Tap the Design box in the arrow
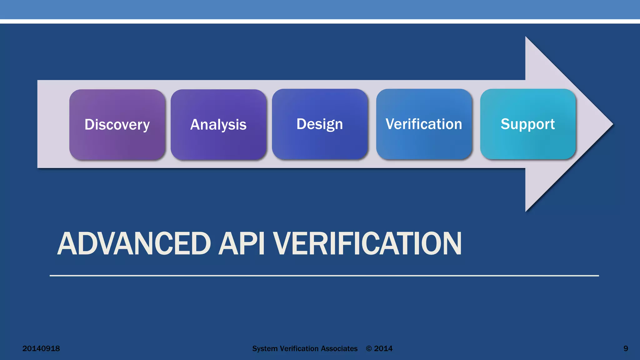point(320,124)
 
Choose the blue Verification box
point(424,124)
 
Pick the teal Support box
point(528,124)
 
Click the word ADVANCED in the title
point(134,244)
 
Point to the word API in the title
point(241,244)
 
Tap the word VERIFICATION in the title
point(367,244)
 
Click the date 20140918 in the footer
point(41,348)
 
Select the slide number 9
point(626,348)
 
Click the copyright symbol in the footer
point(369,349)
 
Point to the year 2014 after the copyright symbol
point(383,348)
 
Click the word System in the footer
point(265,348)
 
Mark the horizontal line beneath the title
point(324,276)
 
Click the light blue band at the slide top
point(320,9)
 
